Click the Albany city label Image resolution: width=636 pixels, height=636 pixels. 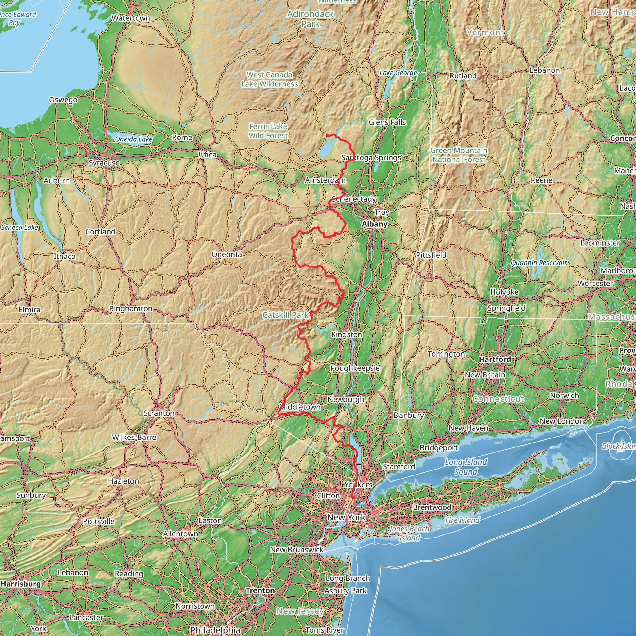[x=375, y=224]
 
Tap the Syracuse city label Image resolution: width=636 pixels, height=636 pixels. [x=104, y=163]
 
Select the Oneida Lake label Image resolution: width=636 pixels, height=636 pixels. [x=133, y=139]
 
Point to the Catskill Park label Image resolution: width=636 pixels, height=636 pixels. [x=285, y=315]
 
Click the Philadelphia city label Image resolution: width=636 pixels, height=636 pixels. [x=215, y=630]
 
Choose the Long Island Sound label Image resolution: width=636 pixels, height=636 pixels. [x=466, y=467]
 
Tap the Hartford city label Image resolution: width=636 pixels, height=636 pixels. [x=495, y=359]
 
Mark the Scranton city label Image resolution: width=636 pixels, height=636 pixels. [x=159, y=413]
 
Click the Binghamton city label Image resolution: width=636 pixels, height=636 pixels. [x=131, y=309]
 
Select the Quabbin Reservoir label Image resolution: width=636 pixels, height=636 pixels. [x=539, y=263]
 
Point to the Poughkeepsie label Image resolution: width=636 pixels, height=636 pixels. [x=355, y=368]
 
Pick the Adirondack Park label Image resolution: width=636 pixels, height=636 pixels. [x=311, y=19]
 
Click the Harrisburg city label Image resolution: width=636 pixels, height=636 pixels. [x=21, y=584]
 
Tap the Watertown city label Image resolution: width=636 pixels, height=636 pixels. [x=131, y=18]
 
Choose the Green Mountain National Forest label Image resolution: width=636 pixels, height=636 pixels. [x=459, y=155]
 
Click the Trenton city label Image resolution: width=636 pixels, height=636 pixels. [x=260, y=591]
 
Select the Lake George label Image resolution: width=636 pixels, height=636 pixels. [x=398, y=73]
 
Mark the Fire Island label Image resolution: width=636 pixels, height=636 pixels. [x=462, y=520]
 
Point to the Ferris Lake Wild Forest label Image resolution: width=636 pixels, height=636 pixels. [x=268, y=131]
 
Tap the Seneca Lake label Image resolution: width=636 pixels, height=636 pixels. [x=20, y=227]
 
